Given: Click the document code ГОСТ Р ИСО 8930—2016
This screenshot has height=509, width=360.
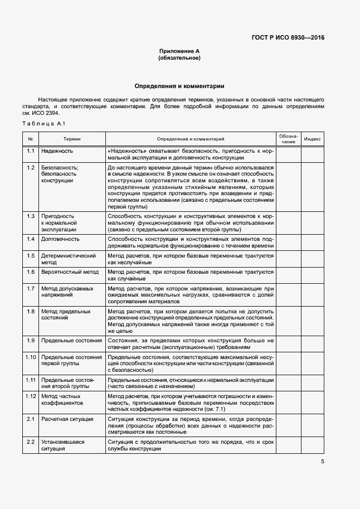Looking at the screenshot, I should [x=288, y=38].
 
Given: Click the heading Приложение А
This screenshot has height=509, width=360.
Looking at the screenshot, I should [x=179, y=51].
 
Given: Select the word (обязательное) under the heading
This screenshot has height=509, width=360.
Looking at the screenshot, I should [x=179, y=58].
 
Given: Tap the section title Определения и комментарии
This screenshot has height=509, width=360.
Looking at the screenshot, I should [x=179, y=86].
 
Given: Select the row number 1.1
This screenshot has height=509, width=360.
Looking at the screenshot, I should [x=31, y=151].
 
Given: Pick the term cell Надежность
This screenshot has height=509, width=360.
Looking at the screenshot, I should [x=57, y=151].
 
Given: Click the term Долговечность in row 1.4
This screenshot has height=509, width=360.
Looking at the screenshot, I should [x=60, y=239].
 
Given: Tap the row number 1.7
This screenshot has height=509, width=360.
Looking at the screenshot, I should [x=31, y=288].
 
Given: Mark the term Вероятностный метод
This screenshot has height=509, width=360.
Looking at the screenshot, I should [x=70, y=272].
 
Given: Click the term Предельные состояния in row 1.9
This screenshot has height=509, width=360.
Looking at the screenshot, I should [x=71, y=340].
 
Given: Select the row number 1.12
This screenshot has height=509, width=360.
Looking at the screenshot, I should [x=31, y=396].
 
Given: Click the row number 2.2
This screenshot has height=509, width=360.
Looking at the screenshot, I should [x=31, y=442].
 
